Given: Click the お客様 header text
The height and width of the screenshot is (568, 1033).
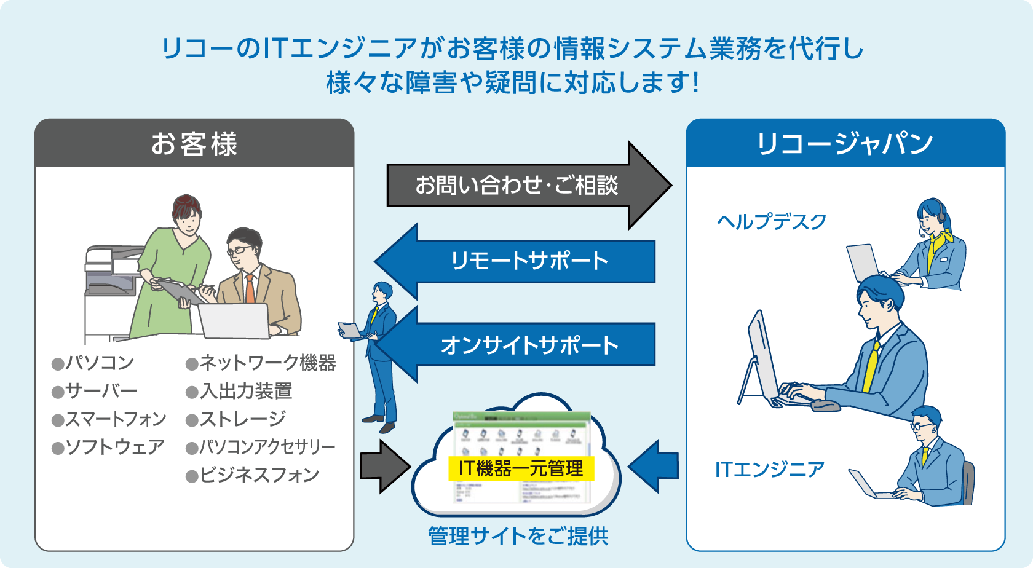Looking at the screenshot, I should (x=194, y=144).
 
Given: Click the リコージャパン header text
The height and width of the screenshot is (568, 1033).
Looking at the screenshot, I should (x=845, y=144).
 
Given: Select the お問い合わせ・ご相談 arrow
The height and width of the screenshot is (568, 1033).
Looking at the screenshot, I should (x=516, y=185).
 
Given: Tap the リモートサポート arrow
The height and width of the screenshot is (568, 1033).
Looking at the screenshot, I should (x=529, y=261).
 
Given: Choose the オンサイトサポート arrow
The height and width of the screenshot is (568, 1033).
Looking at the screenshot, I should (x=529, y=345).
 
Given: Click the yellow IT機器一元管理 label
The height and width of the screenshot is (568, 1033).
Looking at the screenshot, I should (x=521, y=468).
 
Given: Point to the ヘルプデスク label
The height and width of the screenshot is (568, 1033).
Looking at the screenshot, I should (x=772, y=221).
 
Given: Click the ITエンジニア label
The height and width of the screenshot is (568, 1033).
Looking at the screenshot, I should (x=769, y=470).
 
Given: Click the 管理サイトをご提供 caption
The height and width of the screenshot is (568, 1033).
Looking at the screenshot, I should (x=518, y=536).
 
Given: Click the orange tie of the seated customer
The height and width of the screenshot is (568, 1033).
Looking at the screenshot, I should (x=250, y=289).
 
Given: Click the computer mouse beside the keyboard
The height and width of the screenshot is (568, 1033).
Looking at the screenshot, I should (x=825, y=406).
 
